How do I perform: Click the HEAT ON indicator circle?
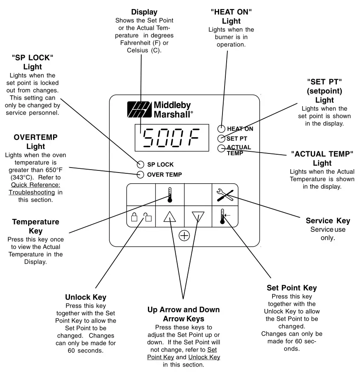pos(222,129)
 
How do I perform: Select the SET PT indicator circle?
pos(222,139)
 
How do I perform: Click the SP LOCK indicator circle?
pos(140,164)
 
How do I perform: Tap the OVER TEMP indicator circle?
pos(140,175)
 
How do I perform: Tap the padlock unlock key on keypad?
pos(141,216)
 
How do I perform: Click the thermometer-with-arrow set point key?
pos(224,216)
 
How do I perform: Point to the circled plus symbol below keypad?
pos(184,236)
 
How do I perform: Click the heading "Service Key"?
pos(328,221)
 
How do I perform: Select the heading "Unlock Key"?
pos(85,297)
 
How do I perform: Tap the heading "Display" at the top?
pos(144,12)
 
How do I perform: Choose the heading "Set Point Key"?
pos(291,287)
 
